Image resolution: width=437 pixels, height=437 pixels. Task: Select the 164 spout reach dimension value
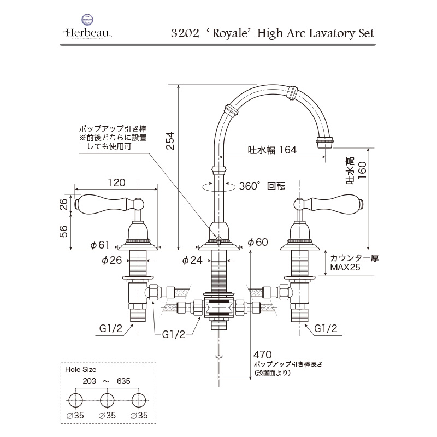(286, 150)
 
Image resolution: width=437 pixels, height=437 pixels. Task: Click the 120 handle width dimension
(116, 182)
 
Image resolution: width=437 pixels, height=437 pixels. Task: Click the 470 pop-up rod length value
(263, 354)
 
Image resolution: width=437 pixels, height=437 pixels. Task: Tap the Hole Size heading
(80, 369)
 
